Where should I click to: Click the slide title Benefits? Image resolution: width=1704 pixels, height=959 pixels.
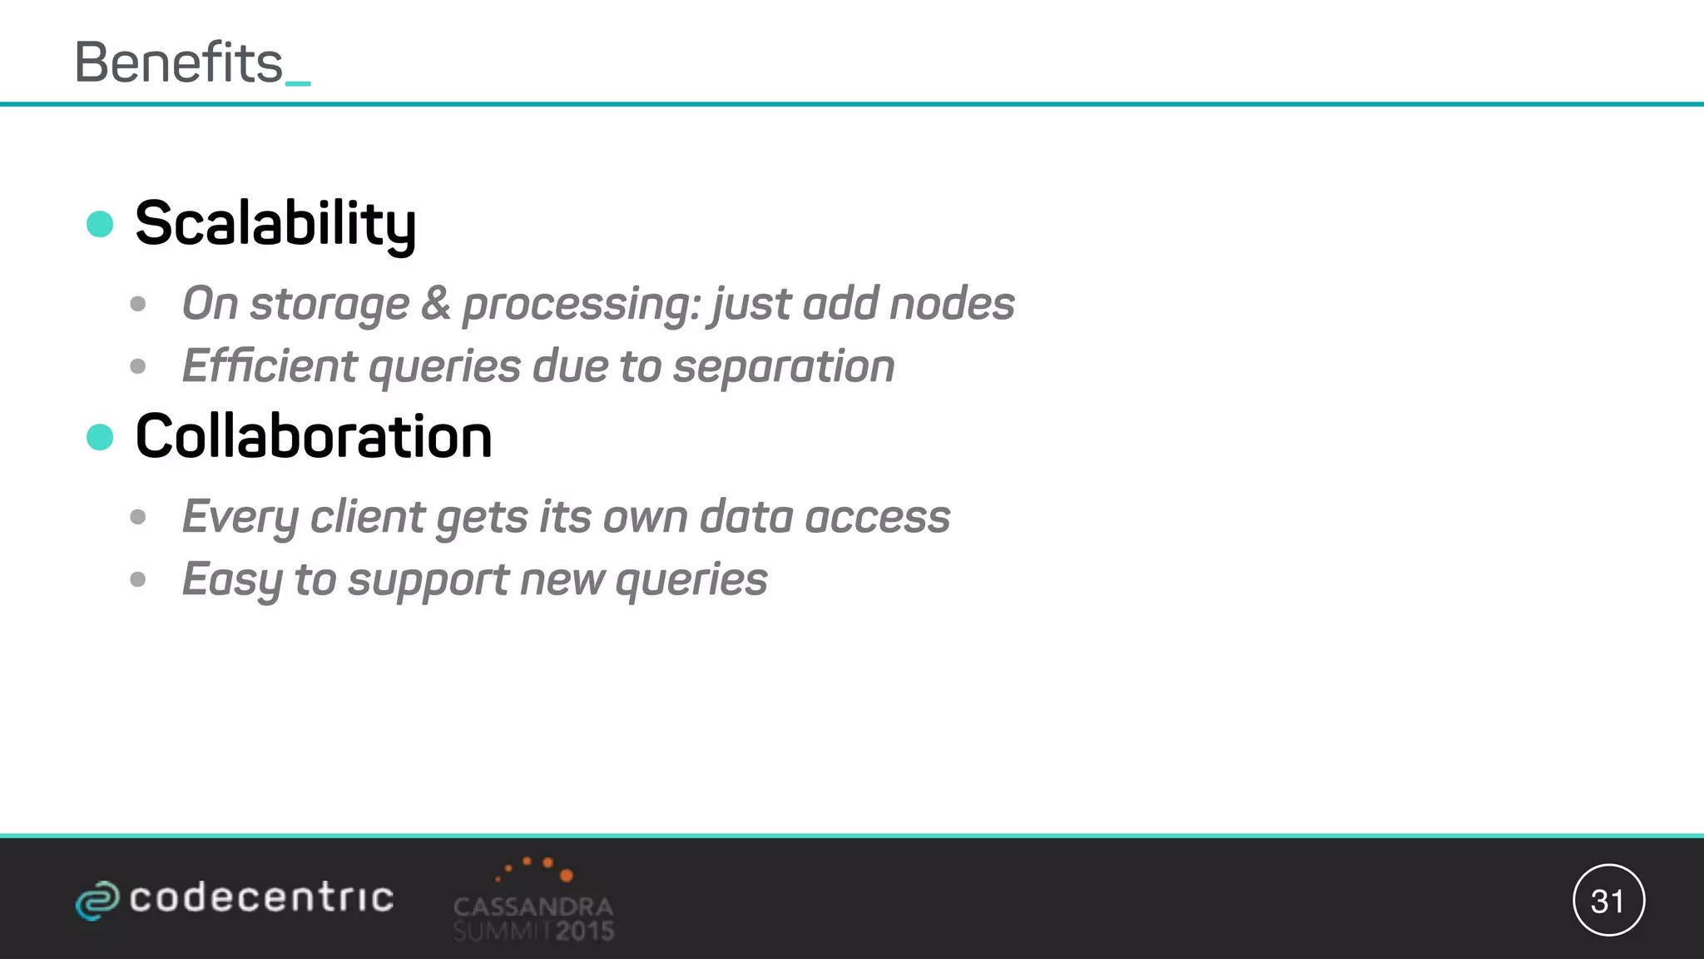(x=179, y=63)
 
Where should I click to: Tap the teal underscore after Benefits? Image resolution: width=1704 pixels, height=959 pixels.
(x=298, y=82)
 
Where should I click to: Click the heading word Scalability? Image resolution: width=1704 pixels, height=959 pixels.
(x=275, y=224)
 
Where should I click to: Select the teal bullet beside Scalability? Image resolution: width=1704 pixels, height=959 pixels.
(x=100, y=224)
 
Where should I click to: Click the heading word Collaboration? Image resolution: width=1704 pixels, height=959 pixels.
(x=314, y=437)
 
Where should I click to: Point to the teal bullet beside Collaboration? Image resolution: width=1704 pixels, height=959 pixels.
(x=100, y=437)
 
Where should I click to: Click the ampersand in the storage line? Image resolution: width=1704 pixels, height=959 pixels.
(x=435, y=303)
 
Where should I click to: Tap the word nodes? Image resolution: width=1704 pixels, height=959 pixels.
(x=952, y=304)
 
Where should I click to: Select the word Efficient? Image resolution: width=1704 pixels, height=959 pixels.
(x=269, y=366)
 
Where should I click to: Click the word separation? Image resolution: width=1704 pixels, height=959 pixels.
(x=784, y=366)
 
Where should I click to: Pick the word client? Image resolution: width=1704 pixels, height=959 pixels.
(x=367, y=517)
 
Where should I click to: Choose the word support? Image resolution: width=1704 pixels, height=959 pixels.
(x=428, y=580)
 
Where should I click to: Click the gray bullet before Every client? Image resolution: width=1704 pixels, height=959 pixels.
(x=138, y=517)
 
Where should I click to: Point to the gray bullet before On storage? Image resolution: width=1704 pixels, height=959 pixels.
(x=138, y=304)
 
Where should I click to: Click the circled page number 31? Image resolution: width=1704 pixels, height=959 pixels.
(x=1608, y=901)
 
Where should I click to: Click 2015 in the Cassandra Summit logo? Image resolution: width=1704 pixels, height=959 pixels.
(x=585, y=931)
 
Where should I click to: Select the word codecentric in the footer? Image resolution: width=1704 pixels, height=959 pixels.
(x=261, y=898)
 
